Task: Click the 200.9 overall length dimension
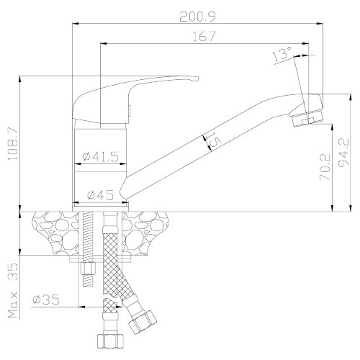tap(198, 17)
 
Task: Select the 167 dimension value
tap(204, 37)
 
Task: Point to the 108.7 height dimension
tap(13, 143)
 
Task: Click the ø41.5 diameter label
tap(100, 157)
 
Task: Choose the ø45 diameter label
tap(100, 195)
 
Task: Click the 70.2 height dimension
tap(325, 168)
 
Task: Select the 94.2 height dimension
tap(343, 153)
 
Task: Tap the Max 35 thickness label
tap(13, 290)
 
